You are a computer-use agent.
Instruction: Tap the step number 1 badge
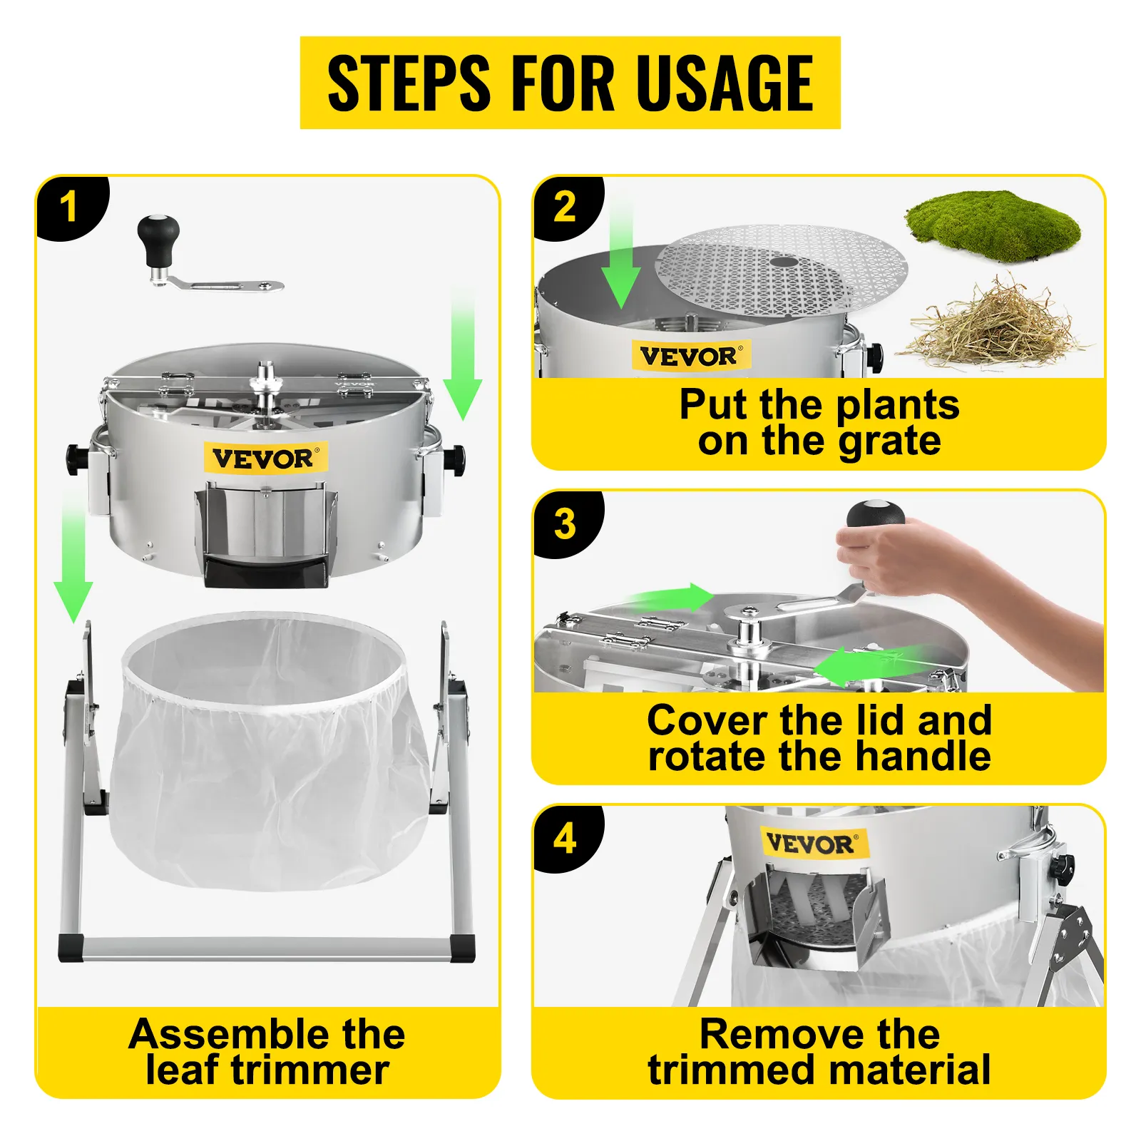tap(69, 208)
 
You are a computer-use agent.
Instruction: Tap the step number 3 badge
tap(565, 524)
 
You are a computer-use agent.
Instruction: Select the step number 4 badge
tap(565, 839)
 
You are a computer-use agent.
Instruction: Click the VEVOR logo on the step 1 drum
tap(265, 458)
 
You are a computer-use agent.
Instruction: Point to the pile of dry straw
tap(993, 325)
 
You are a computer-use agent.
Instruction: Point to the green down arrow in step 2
tap(620, 264)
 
